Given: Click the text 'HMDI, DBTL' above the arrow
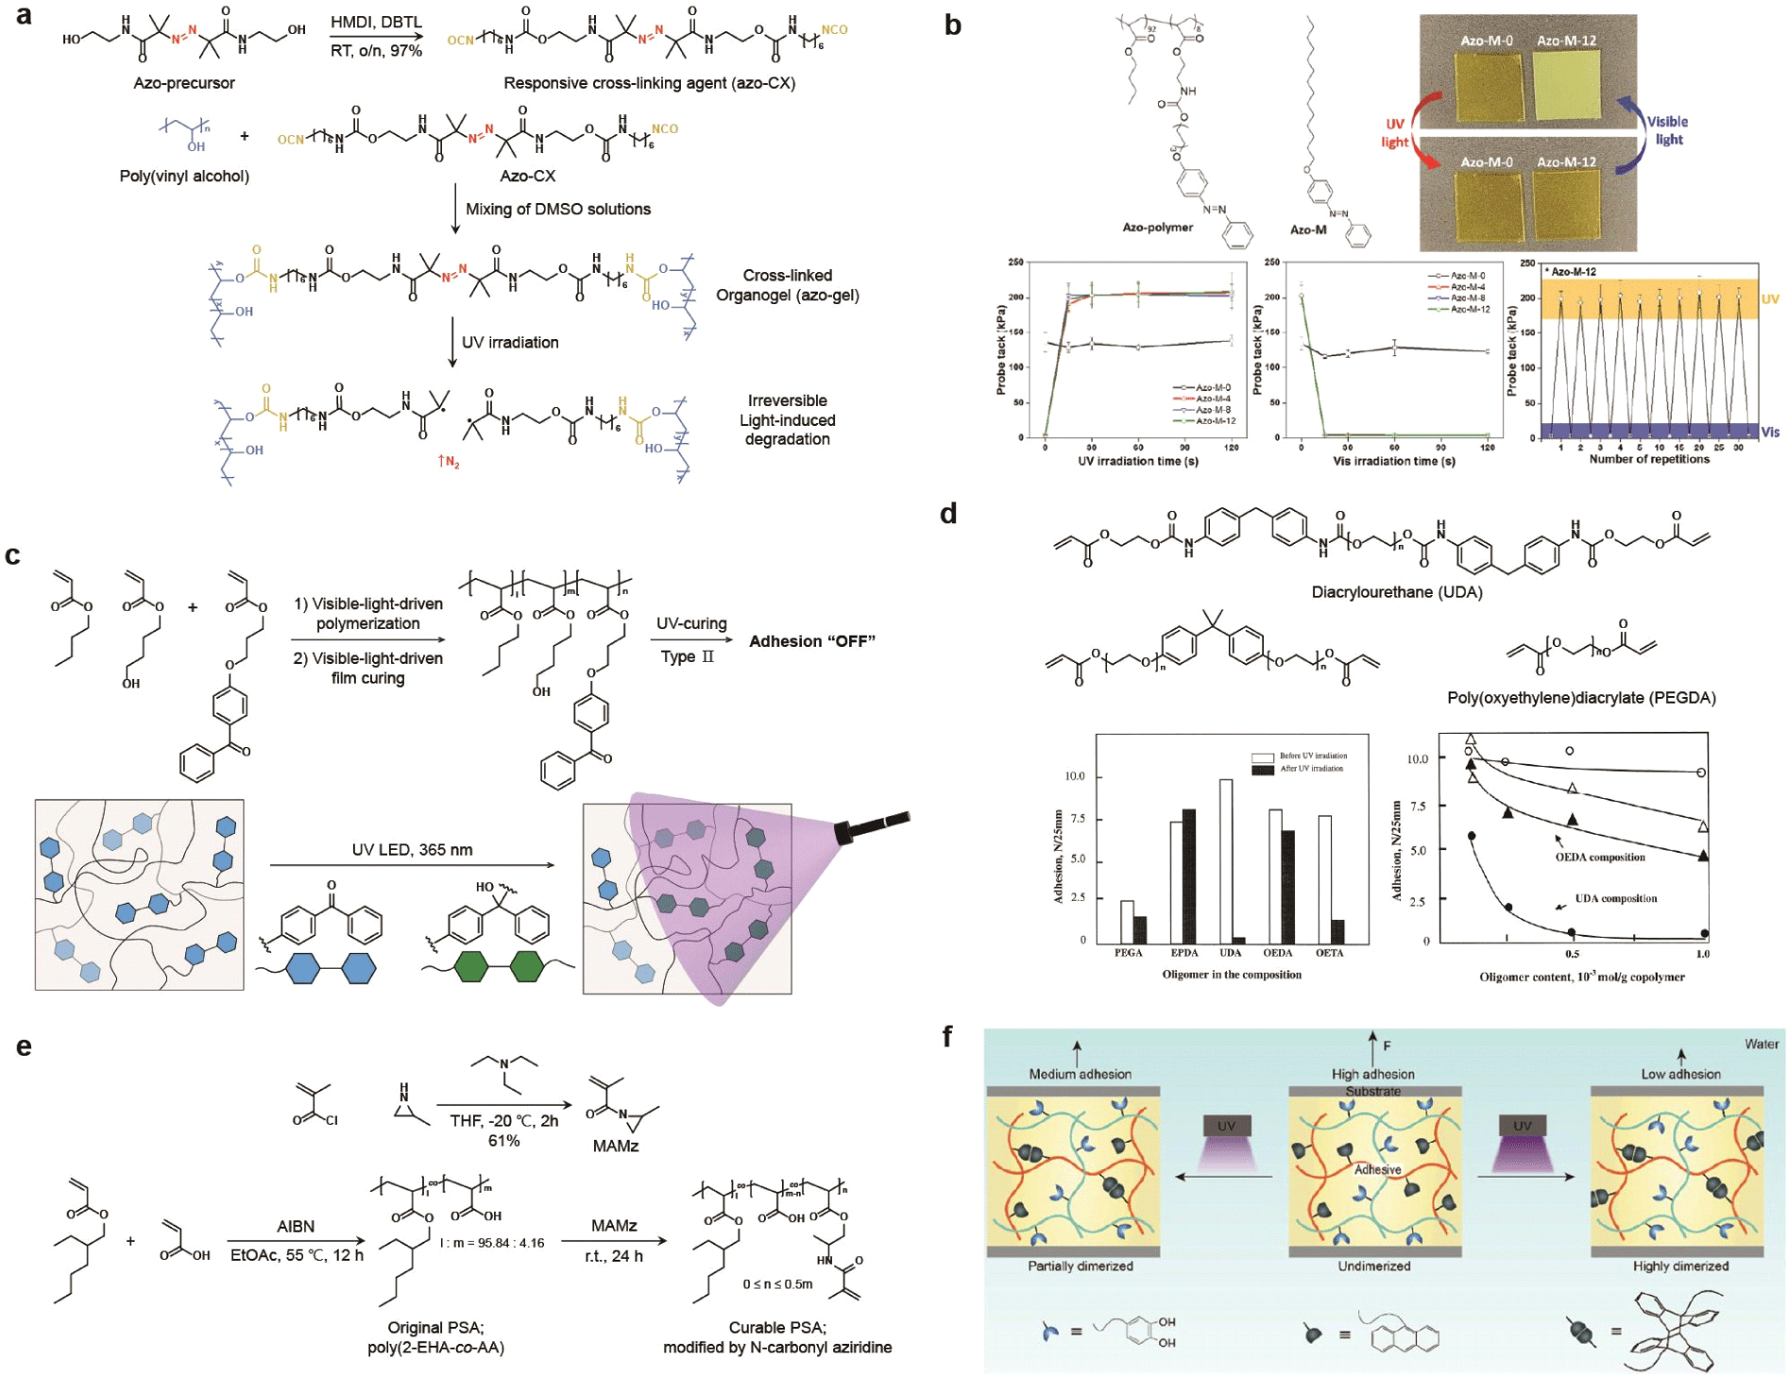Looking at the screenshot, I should pos(376,22).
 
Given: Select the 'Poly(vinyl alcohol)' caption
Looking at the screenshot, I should pos(184,176).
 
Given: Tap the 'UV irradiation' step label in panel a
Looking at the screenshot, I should pos(510,342).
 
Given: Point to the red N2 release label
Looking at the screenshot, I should pos(448,462).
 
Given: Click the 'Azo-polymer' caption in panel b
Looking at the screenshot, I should pos(1157,228).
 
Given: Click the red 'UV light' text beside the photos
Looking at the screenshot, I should pos(1395,133).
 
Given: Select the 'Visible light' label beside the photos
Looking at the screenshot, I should pos(1667,130).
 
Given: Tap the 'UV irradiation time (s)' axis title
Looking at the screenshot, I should pos(1138,462).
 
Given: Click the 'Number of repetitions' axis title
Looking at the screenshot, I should pos(1649,459).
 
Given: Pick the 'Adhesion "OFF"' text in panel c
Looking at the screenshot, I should pos(812,641).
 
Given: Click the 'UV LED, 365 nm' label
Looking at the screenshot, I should pos(412,850).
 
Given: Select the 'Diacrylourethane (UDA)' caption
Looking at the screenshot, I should pos(1397,592).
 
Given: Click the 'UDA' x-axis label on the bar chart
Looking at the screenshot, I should pos(1230,953).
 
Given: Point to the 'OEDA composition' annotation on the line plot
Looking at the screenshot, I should pos(1600,857).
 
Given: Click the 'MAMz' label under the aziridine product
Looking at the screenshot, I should pos(616,1146).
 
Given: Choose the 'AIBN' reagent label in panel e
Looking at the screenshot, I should pos(296,1226).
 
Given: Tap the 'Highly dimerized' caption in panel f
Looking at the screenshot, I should pos(1680,1265).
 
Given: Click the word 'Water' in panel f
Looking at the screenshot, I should pos(1761,1044).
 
